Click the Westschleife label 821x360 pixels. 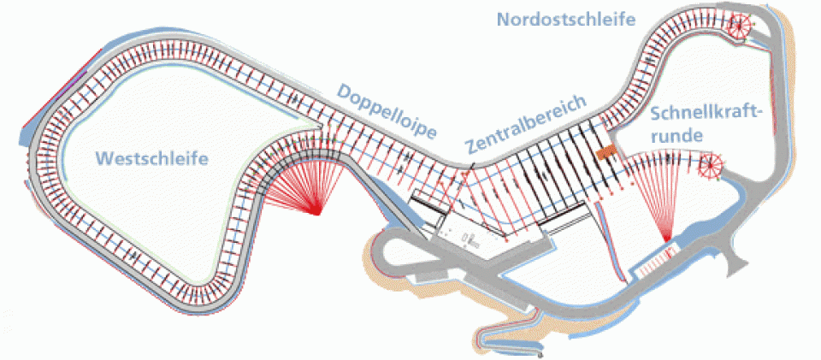pos(153,158)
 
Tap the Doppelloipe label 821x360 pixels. pos(387,112)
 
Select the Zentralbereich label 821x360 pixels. pos(526,123)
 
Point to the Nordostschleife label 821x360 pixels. pos(566,20)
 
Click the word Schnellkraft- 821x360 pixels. pos(705,114)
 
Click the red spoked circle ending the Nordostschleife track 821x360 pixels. pos(740,26)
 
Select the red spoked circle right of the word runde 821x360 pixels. pos(711,165)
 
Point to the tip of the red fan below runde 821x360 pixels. pos(666,241)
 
